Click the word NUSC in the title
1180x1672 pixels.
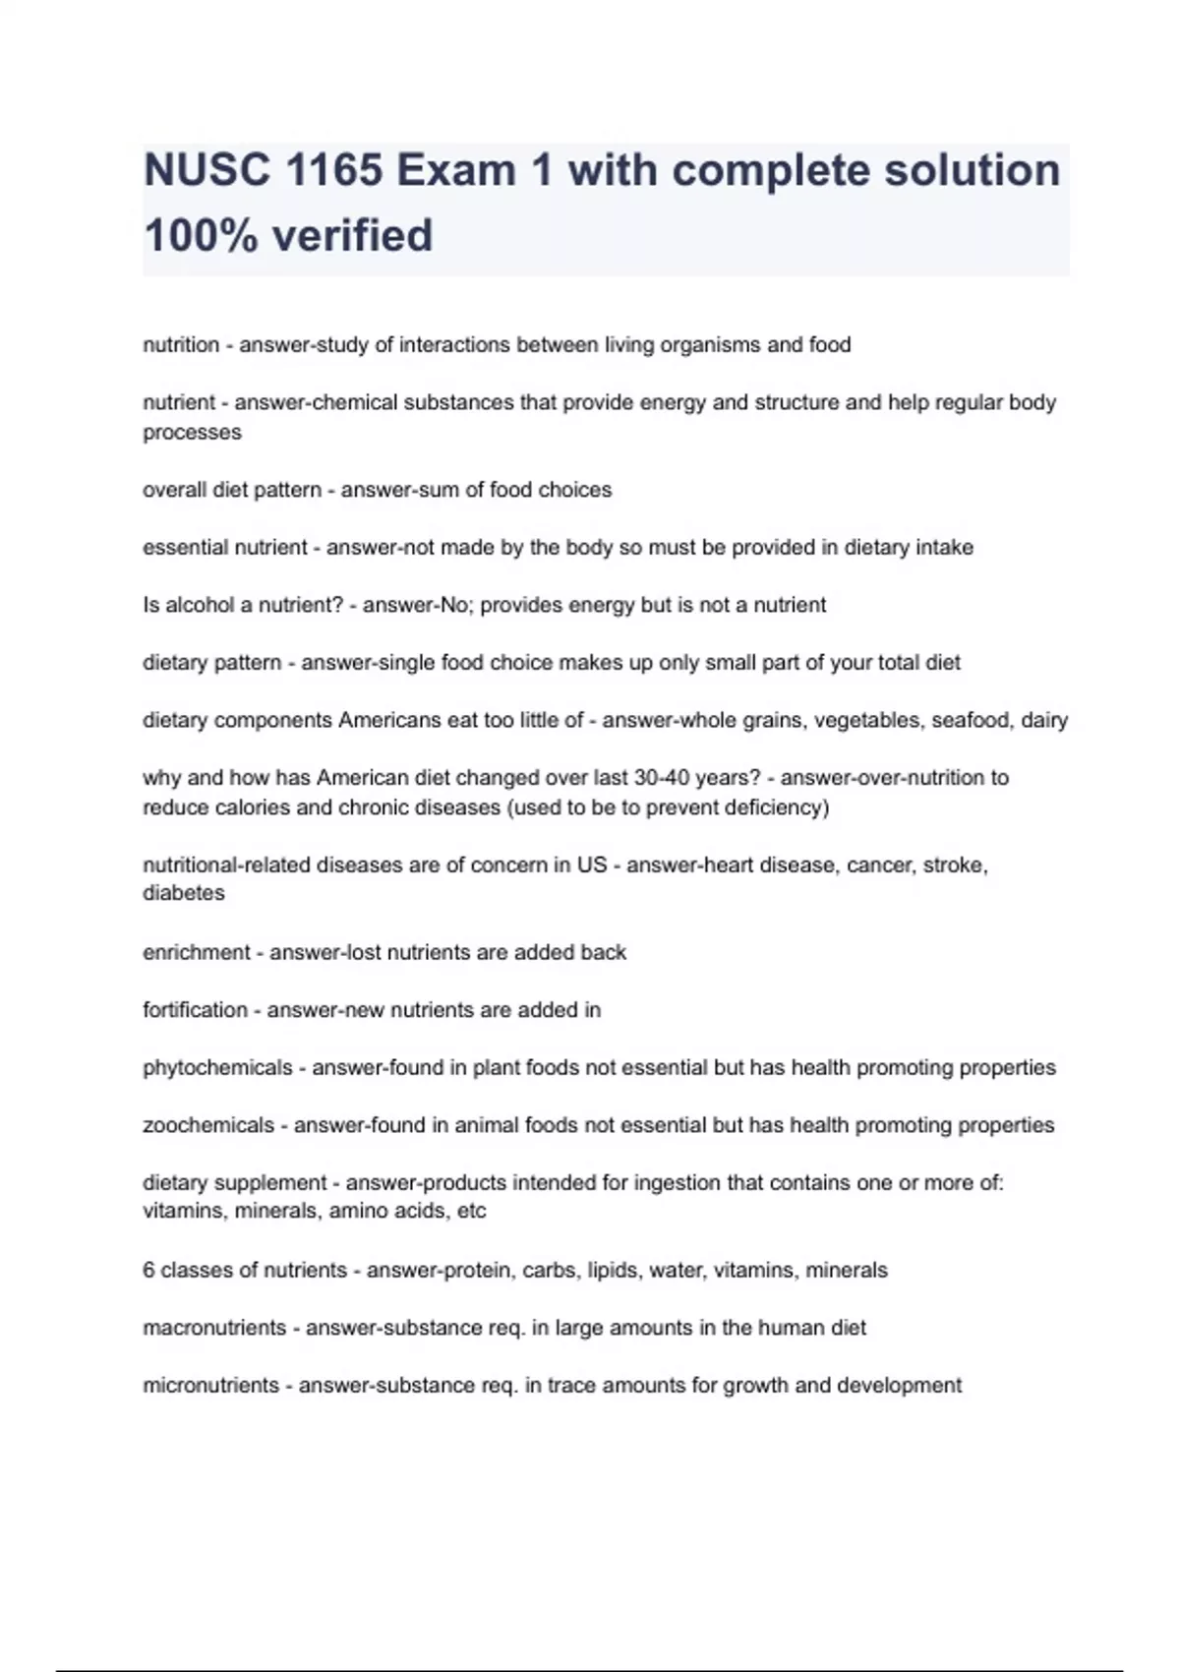coord(206,170)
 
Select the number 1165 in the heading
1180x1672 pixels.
coord(334,170)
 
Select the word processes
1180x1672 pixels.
coord(192,433)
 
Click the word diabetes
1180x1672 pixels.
coord(184,893)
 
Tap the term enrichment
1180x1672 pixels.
coord(197,952)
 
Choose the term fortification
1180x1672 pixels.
coord(195,1010)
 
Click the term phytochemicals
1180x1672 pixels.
coord(217,1068)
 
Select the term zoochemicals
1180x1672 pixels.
coord(208,1125)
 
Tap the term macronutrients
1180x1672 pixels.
coord(214,1328)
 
